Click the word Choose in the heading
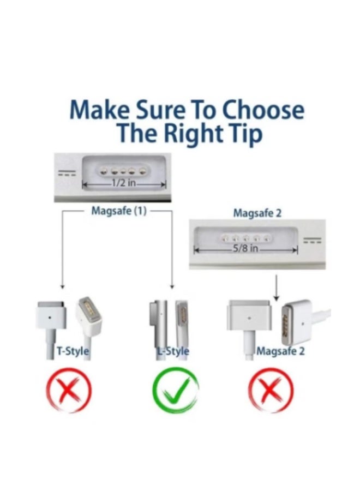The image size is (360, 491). point(263,111)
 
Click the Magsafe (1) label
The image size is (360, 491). point(119,211)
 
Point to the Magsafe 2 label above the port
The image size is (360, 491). point(257,213)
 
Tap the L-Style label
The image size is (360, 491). point(173,351)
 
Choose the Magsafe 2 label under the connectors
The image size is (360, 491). point(281,351)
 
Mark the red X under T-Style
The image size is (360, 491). point(68,391)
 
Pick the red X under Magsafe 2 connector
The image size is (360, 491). point(271,391)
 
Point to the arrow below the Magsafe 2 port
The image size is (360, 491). point(276,289)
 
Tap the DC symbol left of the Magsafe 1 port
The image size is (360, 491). point(69,172)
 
